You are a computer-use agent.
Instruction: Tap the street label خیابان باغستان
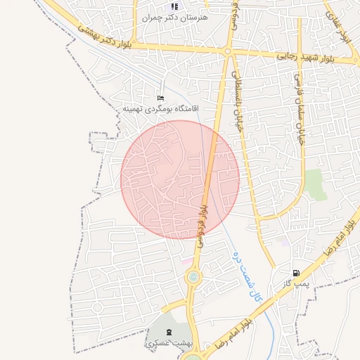click(238, 103)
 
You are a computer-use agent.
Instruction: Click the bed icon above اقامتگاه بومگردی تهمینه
click(161, 98)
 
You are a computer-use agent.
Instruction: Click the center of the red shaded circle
click(180, 179)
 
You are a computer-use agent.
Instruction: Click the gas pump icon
click(295, 273)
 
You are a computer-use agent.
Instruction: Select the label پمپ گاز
click(292, 283)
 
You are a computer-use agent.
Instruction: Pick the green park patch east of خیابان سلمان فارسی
click(316, 184)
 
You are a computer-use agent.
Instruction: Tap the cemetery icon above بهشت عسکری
click(168, 331)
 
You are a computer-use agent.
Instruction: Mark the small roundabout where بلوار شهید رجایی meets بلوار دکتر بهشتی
click(227, 51)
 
